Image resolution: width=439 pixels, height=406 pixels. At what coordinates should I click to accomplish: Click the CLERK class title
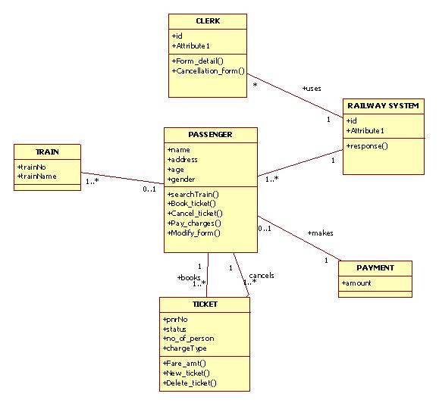(x=207, y=21)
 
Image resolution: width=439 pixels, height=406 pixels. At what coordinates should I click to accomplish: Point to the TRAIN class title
(x=47, y=151)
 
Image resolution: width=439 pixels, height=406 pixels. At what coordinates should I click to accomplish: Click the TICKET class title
(x=205, y=304)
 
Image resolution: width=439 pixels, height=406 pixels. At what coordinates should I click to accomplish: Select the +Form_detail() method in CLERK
(x=197, y=60)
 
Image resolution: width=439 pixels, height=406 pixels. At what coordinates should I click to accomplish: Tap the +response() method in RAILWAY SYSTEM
(x=367, y=145)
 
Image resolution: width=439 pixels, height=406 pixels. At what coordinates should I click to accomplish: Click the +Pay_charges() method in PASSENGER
(x=194, y=223)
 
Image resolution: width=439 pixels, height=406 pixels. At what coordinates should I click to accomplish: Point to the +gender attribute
(x=181, y=180)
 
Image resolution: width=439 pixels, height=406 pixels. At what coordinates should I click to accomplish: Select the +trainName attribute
(x=37, y=176)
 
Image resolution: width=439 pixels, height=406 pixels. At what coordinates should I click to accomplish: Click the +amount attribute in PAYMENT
(x=357, y=283)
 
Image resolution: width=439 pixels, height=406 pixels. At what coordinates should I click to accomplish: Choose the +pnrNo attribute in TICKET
(x=177, y=320)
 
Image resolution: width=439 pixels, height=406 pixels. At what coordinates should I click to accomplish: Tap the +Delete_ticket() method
(x=190, y=383)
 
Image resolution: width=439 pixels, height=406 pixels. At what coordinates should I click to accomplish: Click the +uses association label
(x=311, y=89)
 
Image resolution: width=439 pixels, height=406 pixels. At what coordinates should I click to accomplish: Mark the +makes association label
(x=320, y=233)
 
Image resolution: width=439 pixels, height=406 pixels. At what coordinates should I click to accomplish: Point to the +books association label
(x=189, y=277)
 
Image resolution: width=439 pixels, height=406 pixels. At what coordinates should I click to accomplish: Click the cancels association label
(x=261, y=275)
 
